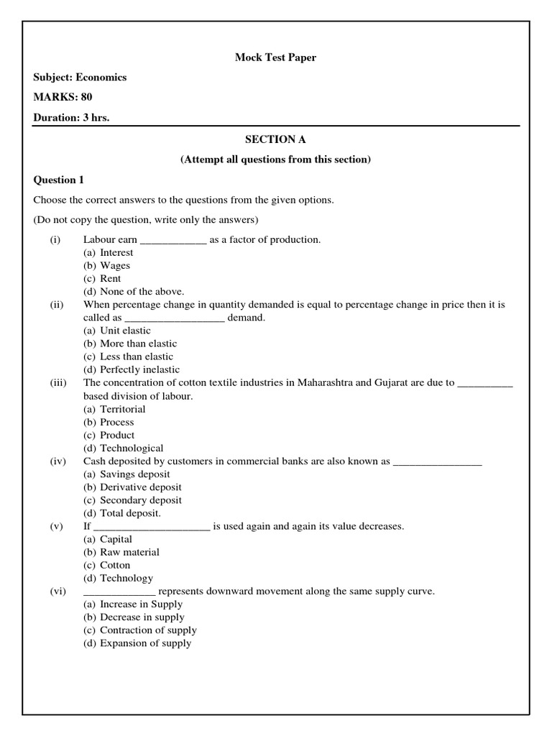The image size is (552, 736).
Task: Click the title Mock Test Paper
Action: (275, 57)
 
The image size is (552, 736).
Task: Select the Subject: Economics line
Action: (80, 78)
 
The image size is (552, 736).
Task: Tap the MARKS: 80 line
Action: (63, 97)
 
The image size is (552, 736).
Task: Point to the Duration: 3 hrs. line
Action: (71, 117)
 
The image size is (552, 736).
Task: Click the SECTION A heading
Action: (275, 139)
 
